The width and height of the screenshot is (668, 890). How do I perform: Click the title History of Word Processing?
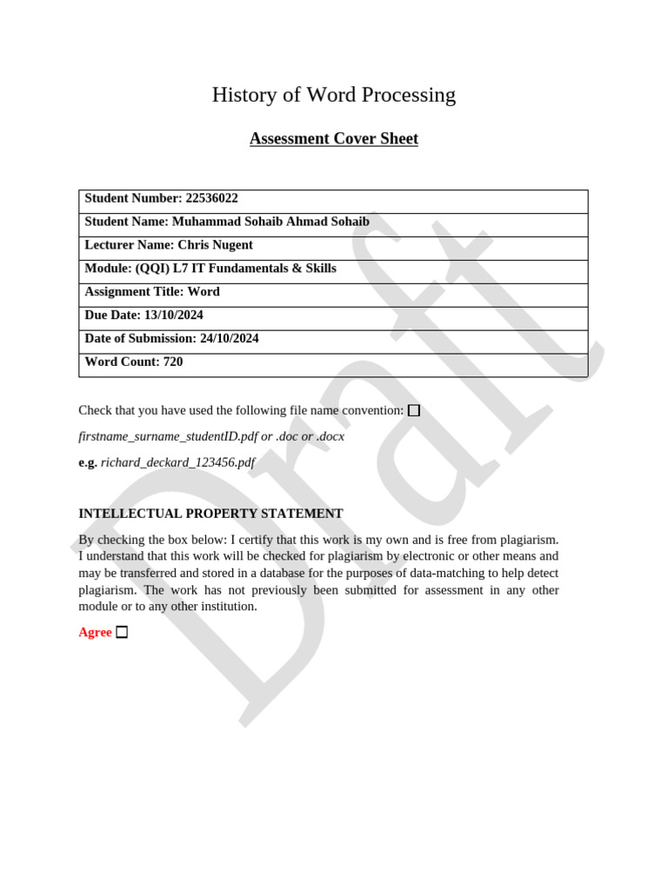(333, 95)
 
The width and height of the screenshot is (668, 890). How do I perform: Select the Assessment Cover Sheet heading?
(333, 139)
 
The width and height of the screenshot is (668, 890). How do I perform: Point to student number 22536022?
(211, 198)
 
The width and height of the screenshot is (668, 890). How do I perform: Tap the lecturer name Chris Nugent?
(215, 245)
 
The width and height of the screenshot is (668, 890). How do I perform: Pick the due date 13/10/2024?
(174, 315)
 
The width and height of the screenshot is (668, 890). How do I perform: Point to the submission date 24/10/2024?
(230, 339)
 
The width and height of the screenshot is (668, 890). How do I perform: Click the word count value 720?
(173, 362)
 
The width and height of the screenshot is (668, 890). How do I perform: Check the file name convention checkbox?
(414, 410)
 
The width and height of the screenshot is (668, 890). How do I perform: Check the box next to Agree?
(122, 633)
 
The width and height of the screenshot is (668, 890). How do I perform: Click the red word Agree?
(95, 633)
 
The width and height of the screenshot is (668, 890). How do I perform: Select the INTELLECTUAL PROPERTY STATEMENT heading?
(210, 514)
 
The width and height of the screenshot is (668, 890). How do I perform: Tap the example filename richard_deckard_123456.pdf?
(177, 462)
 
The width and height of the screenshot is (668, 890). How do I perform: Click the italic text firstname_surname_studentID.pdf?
(168, 436)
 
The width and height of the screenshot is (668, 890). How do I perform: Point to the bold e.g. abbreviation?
(88, 462)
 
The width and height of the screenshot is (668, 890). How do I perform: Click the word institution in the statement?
(228, 607)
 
